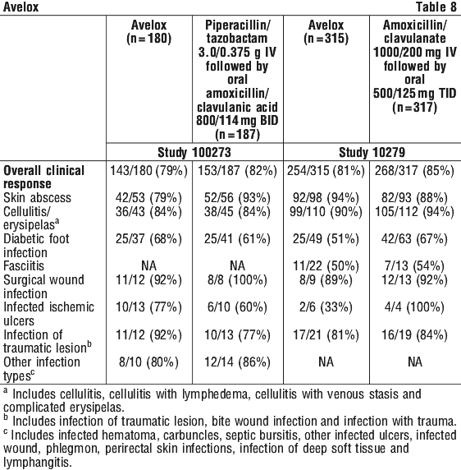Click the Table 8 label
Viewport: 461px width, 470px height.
(x=436, y=7)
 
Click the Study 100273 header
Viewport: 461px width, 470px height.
(x=194, y=152)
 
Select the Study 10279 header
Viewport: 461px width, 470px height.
(x=372, y=152)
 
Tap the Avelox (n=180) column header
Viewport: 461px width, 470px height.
(x=148, y=32)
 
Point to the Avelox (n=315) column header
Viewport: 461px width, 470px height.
(x=326, y=32)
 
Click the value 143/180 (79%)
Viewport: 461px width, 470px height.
(x=148, y=171)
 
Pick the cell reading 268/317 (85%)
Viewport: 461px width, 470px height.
(x=414, y=171)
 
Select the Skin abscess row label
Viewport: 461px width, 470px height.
(x=38, y=198)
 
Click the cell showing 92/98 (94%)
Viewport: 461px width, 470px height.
(x=326, y=198)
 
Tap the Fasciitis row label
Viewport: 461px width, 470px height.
(x=24, y=266)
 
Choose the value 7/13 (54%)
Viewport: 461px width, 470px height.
(x=414, y=266)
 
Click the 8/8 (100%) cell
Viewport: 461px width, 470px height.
(x=237, y=279)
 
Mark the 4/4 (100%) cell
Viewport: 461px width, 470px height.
(x=414, y=307)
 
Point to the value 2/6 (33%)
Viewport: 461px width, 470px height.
(x=326, y=307)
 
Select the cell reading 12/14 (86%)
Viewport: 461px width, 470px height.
(x=237, y=362)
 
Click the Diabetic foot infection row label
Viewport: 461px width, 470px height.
(x=36, y=246)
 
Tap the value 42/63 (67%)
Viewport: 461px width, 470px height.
(x=414, y=239)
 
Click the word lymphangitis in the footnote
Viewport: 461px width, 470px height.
(x=38, y=463)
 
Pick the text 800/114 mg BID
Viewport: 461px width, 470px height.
(x=237, y=121)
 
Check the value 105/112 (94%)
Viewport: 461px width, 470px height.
(x=414, y=212)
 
